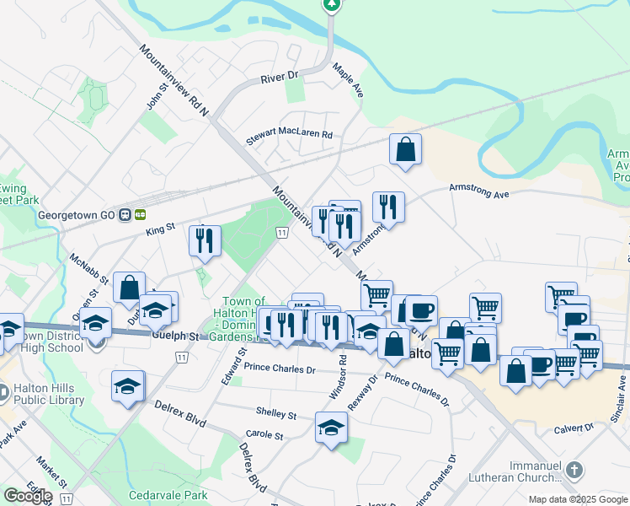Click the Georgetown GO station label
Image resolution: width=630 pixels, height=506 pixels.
point(76,215)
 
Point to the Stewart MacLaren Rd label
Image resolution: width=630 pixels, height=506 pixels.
point(290,135)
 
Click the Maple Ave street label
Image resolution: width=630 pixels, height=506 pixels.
point(347,80)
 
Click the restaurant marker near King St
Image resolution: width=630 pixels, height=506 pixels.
point(205,241)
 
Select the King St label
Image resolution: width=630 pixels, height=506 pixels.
point(160,227)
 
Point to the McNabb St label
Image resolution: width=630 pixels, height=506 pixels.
point(85,270)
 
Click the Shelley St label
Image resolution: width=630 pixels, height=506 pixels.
point(281,414)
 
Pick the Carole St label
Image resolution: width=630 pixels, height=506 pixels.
point(264,434)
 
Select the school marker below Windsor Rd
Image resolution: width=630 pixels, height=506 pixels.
point(331,428)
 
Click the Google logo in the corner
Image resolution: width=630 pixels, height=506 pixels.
point(28,496)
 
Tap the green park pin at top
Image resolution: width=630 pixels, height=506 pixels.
point(333,4)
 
